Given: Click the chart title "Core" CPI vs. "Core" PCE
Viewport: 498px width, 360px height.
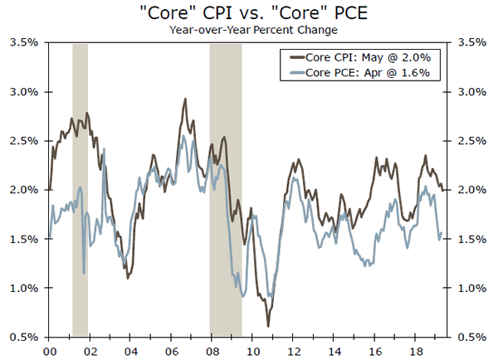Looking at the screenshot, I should [x=249, y=13].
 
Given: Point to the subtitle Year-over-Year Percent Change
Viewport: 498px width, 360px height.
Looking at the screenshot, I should [x=249, y=30].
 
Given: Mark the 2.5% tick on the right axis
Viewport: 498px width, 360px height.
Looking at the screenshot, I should [x=472, y=141].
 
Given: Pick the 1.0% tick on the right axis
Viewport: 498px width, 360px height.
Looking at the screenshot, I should [x=472, y=289].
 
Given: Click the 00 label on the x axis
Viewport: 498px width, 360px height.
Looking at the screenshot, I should [x=49, y=349].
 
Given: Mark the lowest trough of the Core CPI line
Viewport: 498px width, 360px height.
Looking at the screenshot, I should [x=268, y=325].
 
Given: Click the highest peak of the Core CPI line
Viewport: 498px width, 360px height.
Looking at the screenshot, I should [x=184, y=100].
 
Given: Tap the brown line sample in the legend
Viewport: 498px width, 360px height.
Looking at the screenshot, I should [x=294, y=57].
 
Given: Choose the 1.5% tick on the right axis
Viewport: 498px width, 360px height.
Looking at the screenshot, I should [x=472, y=240].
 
